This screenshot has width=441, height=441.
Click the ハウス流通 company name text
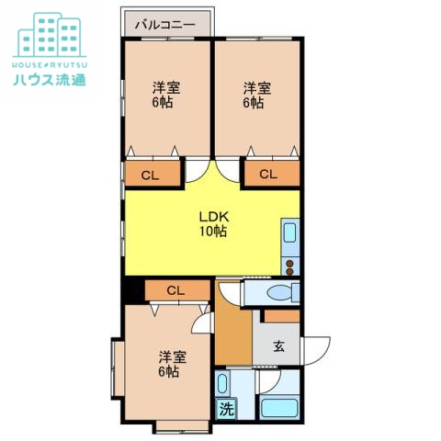(x=50, y=79)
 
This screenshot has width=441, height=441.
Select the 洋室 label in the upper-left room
(x=165, y=88)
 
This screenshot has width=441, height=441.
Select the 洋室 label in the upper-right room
(x=256, y=88)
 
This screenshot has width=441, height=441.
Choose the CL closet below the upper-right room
(x=269, y=174)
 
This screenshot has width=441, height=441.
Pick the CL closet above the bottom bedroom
(x=175, y=290)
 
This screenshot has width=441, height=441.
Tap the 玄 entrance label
(x=278, y=347)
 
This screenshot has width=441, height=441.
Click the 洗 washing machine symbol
(x=225, y=409)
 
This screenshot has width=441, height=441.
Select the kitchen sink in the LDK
(x=290, y=232)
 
